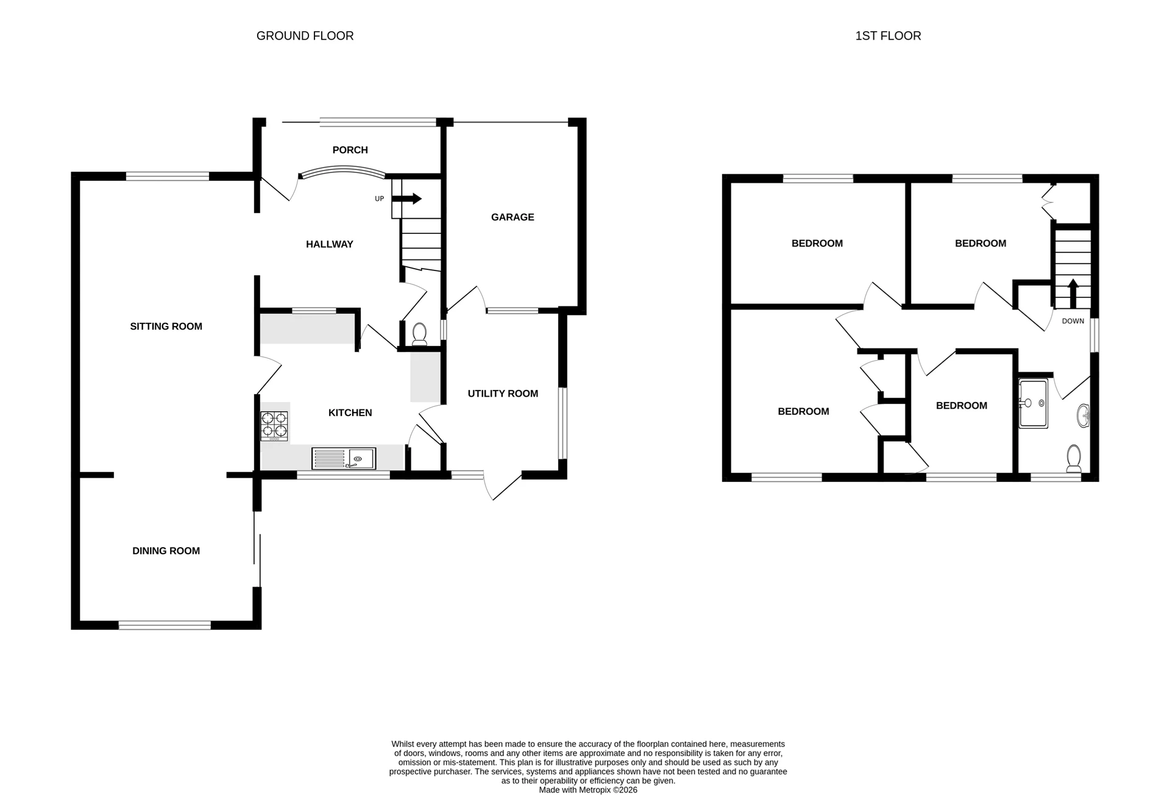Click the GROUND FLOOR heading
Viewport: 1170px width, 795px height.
[305, 36]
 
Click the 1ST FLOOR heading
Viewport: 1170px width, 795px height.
[888, 36]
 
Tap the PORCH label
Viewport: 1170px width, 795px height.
[350, 150]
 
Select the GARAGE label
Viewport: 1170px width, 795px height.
[512, 217]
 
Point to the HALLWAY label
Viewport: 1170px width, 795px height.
[329, 244]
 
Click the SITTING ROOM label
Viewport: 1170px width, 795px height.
[166, 327]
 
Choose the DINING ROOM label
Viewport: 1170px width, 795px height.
[166, 551]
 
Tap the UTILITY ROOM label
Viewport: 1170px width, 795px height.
[503, 394]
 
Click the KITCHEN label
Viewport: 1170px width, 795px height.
[350, 412]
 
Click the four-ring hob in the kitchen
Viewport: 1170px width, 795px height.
[274, 426]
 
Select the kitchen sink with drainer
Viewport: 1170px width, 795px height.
[344, 458]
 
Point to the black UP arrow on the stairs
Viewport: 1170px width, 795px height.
[407, 198]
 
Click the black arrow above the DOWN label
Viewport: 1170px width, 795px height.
[1072, 293]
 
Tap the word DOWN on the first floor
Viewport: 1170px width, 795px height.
[1072, 321]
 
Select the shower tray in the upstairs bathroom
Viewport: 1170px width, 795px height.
[1033, 403]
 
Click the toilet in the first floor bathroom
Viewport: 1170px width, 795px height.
[1074, 459]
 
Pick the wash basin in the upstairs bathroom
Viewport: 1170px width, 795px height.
[1083, 416]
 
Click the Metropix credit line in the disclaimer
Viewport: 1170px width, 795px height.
[587, 790]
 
